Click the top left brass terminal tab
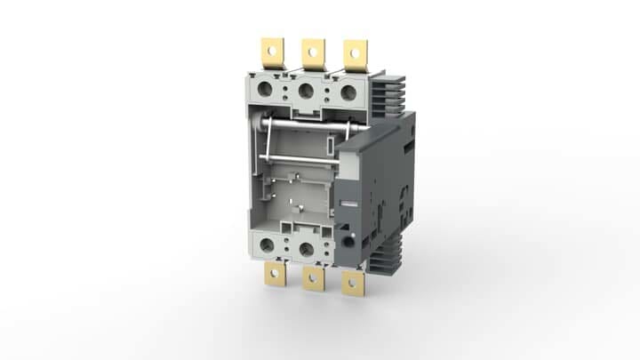(271, 52)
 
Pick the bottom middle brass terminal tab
(313, 279)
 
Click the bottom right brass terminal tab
(354, 284)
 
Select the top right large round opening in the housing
(348, 91)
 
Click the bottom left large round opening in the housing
(266, 245)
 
